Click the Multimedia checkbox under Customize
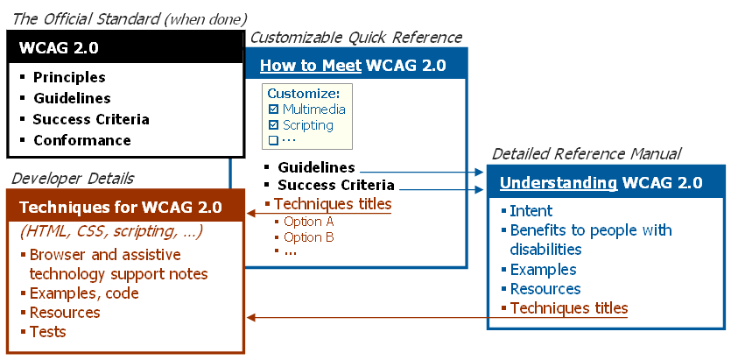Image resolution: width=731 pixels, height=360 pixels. coord(274,109)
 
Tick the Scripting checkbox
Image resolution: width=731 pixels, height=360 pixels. coord(274,125)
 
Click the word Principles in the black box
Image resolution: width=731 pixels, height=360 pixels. coord(69,77)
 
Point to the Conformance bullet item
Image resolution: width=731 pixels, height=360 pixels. coord(81,140)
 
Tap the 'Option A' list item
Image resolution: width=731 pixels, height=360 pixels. coord(309,222)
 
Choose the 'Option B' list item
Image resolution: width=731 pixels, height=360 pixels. coord(309,236)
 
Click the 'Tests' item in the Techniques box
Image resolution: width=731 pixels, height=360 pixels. coord(48,332)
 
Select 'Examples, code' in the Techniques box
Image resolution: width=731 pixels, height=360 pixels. coord(84,293)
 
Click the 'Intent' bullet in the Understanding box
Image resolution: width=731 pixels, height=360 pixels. coord(531,210)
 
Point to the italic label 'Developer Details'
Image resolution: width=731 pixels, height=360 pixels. coord(73,179)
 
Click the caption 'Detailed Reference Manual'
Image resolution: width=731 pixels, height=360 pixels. coord(587,154)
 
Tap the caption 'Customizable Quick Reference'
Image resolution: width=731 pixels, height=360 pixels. coord(356,38)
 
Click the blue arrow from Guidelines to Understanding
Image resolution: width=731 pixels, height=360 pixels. coord(420,173)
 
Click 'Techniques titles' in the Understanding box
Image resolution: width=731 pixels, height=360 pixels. coord(568,307)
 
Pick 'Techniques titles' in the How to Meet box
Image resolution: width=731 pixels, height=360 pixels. coord(333,204)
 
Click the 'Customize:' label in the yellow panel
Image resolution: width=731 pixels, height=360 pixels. coord(303,94)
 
